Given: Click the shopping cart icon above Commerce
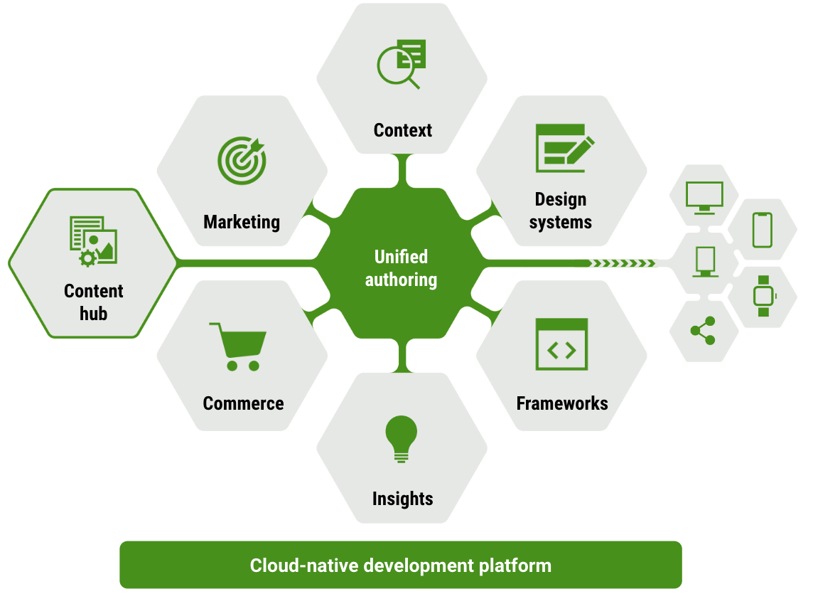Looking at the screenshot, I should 239,346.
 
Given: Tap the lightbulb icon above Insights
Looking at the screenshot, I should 402,438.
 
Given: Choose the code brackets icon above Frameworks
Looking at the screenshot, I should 561,344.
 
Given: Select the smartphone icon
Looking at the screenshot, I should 762,230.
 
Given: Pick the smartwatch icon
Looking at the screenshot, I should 763,296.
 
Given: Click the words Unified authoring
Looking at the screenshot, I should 401,268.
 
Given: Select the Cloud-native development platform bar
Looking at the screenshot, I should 400,566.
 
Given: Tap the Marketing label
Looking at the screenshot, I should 242,222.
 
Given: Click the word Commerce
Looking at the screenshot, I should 243,403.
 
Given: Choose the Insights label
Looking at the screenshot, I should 402,499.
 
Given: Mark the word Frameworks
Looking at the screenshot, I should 562,403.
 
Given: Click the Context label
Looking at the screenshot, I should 402,130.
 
